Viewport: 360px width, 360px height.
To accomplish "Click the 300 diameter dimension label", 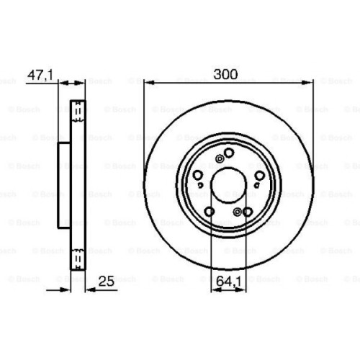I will point(226,73).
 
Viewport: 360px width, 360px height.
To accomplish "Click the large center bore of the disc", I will point(228,183).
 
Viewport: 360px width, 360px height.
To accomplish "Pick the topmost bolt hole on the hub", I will point(229,153).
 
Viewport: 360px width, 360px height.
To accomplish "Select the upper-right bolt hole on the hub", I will point(257,174).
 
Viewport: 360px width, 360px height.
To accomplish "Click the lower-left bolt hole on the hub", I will point(210,211).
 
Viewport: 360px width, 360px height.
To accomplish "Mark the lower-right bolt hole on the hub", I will point(247,212).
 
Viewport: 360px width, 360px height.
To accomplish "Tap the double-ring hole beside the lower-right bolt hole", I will point(238,211).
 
